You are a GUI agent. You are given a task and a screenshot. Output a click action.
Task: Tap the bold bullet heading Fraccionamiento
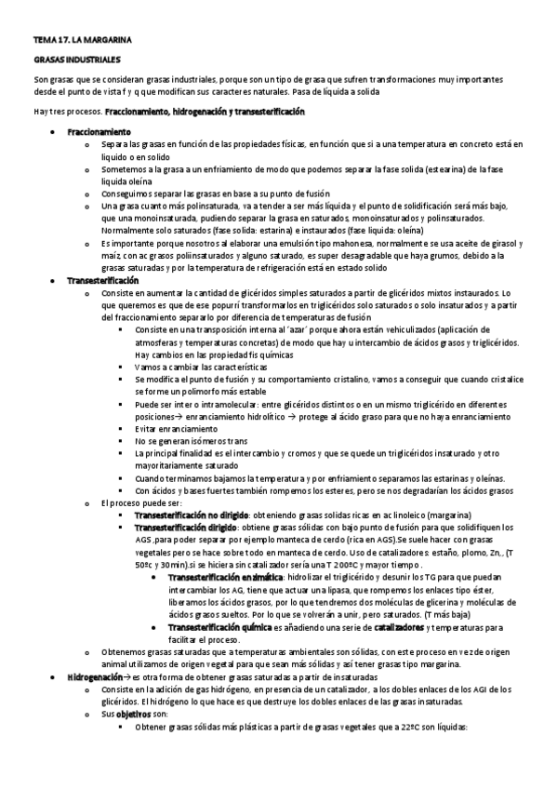98,132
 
